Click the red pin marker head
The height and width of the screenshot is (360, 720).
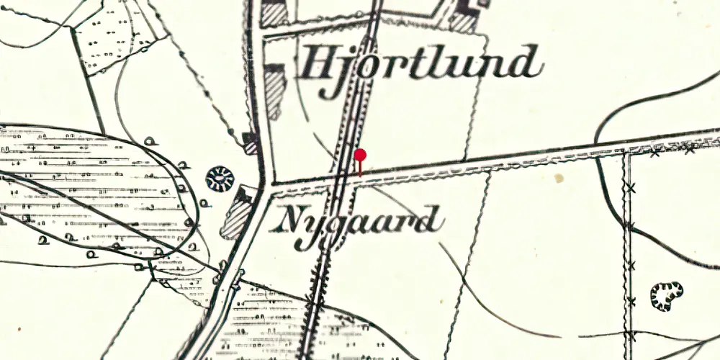coord(360,155)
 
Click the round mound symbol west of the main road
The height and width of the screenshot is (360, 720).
coord(220,178)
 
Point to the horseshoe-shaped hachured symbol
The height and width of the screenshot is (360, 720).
coord(667,294)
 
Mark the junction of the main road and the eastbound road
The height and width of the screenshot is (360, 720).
coord(269,185)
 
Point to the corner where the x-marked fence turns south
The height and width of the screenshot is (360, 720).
coord(626,153)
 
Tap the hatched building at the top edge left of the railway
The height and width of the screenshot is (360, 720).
coord(274,14)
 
